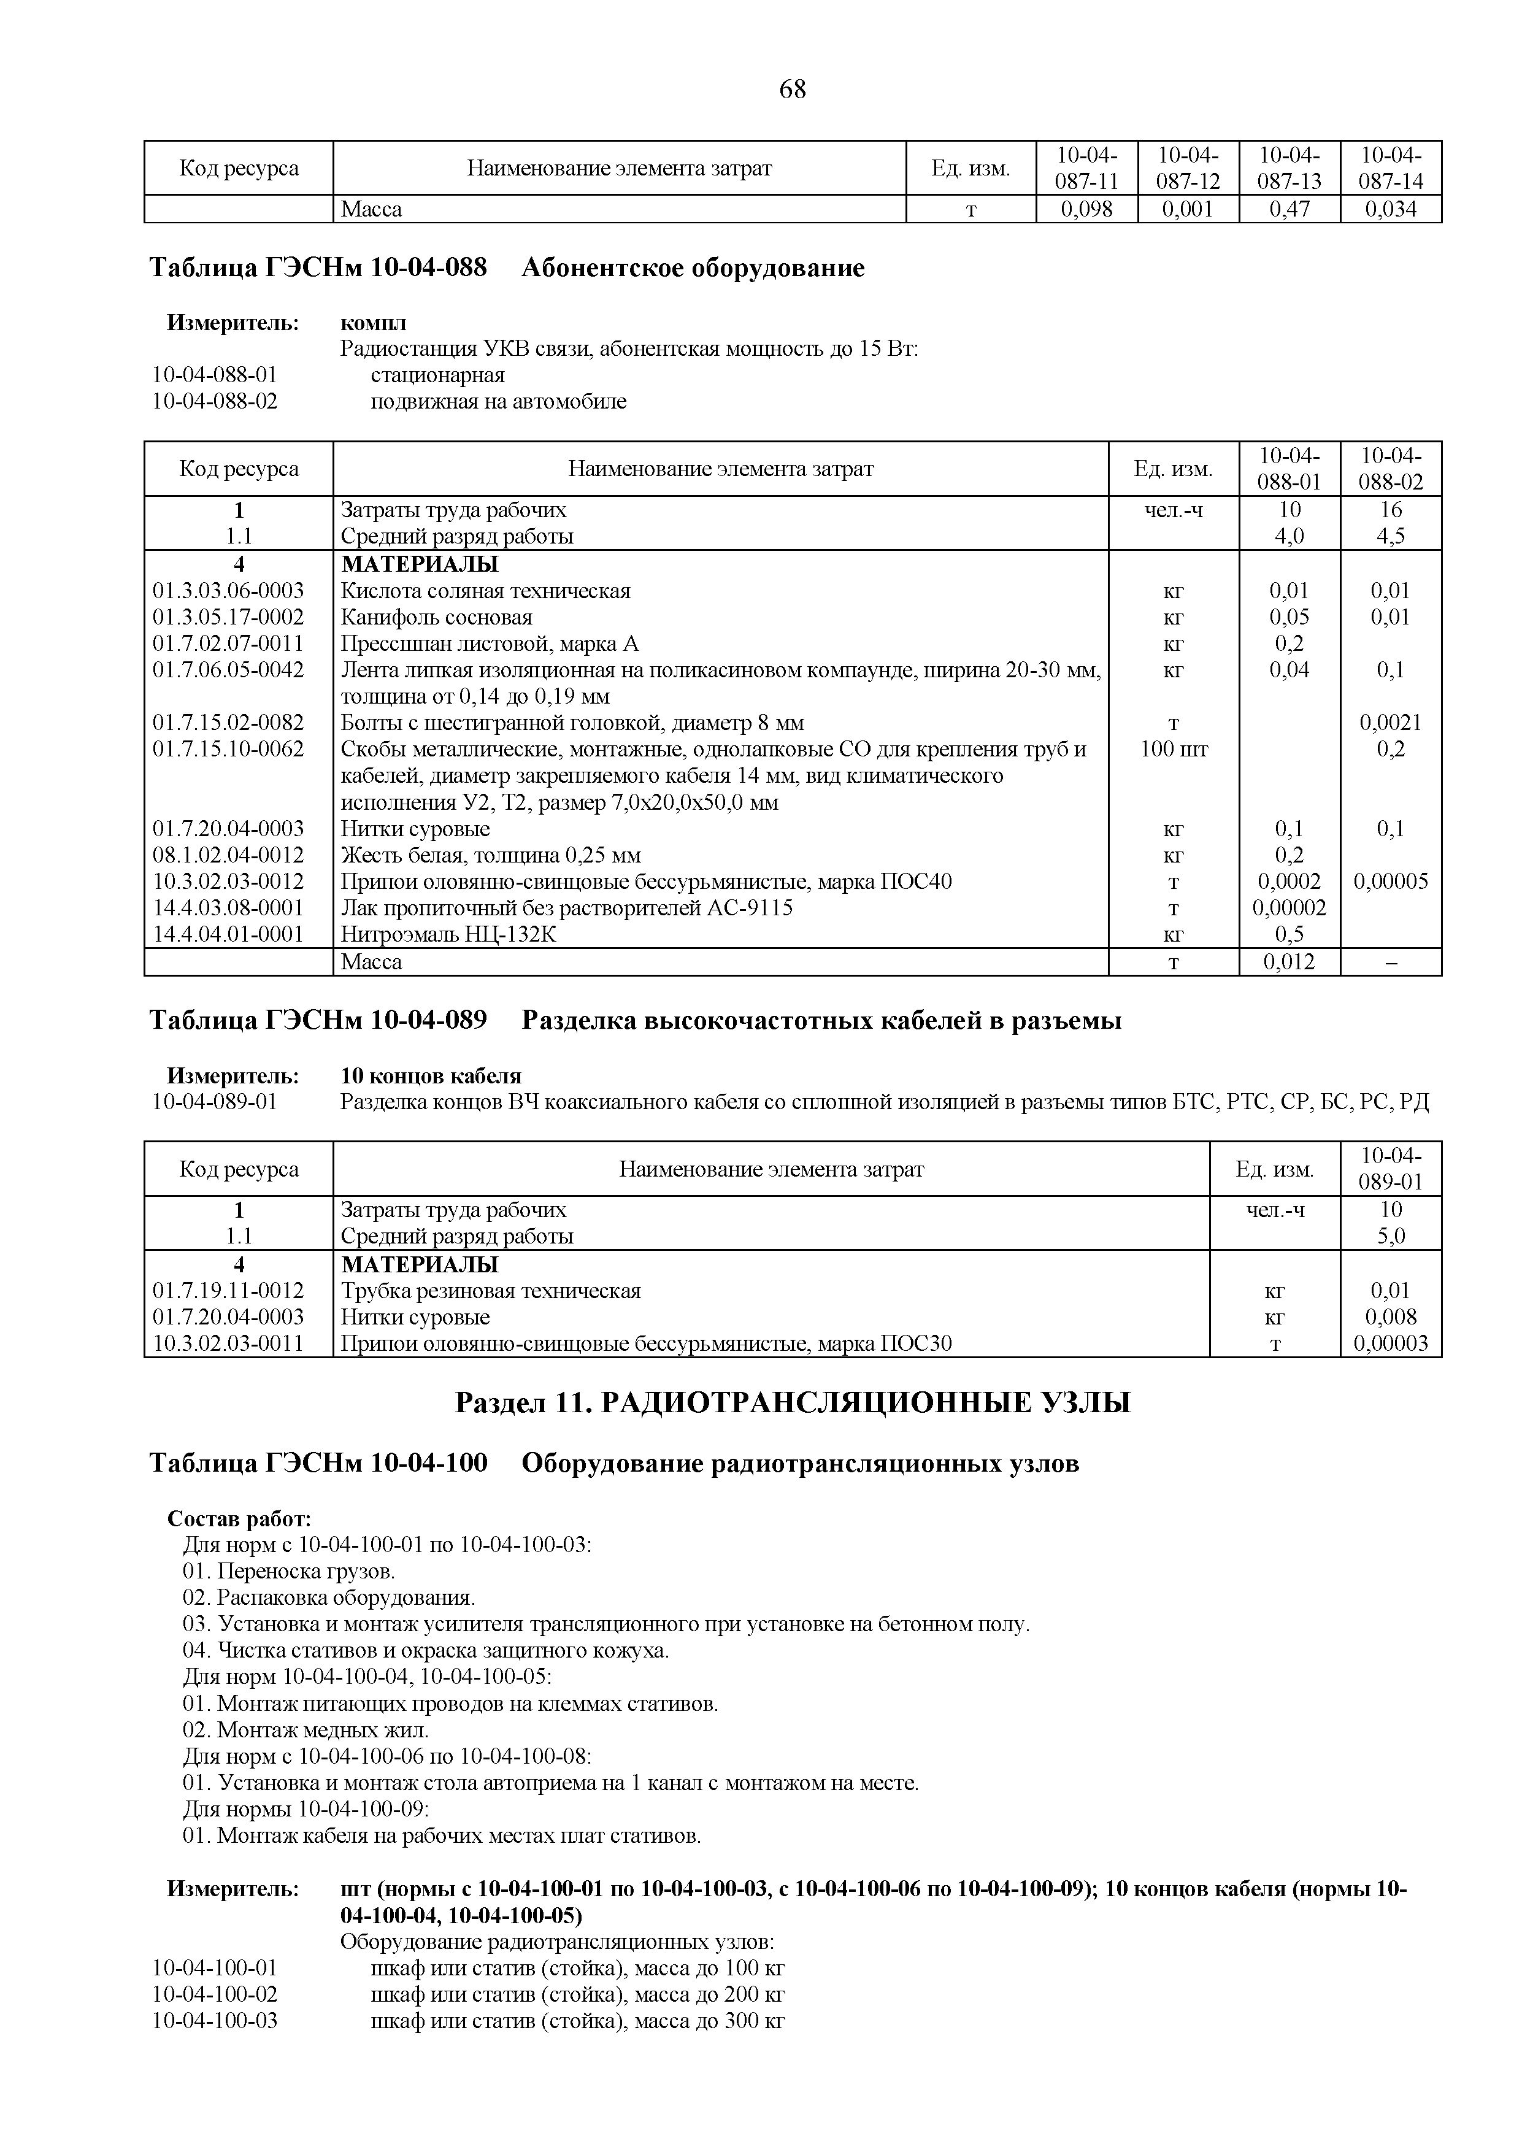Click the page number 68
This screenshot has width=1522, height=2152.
tap(792, 90)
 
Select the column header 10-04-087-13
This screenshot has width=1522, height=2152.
tap(1289, 167)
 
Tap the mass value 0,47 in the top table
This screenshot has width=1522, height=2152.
tap(1289, 209)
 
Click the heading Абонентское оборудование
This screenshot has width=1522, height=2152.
tap(693, 268)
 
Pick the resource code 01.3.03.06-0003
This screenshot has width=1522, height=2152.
tap(228, 591)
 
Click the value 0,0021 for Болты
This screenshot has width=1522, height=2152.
tap(1390, 723)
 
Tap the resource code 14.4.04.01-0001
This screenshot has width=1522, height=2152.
tap(228, 934)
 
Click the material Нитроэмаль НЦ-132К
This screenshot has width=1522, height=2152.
tap(448, 934)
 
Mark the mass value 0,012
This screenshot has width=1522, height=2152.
tap(1289, 962)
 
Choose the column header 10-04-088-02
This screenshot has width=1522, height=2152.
tap(1390, 469)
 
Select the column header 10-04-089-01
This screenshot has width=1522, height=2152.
tap(1390, 1169)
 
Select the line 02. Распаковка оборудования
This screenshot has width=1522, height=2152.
tap(329, 1597)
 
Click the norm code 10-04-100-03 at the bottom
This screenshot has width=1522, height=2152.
tap(215, 2020)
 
